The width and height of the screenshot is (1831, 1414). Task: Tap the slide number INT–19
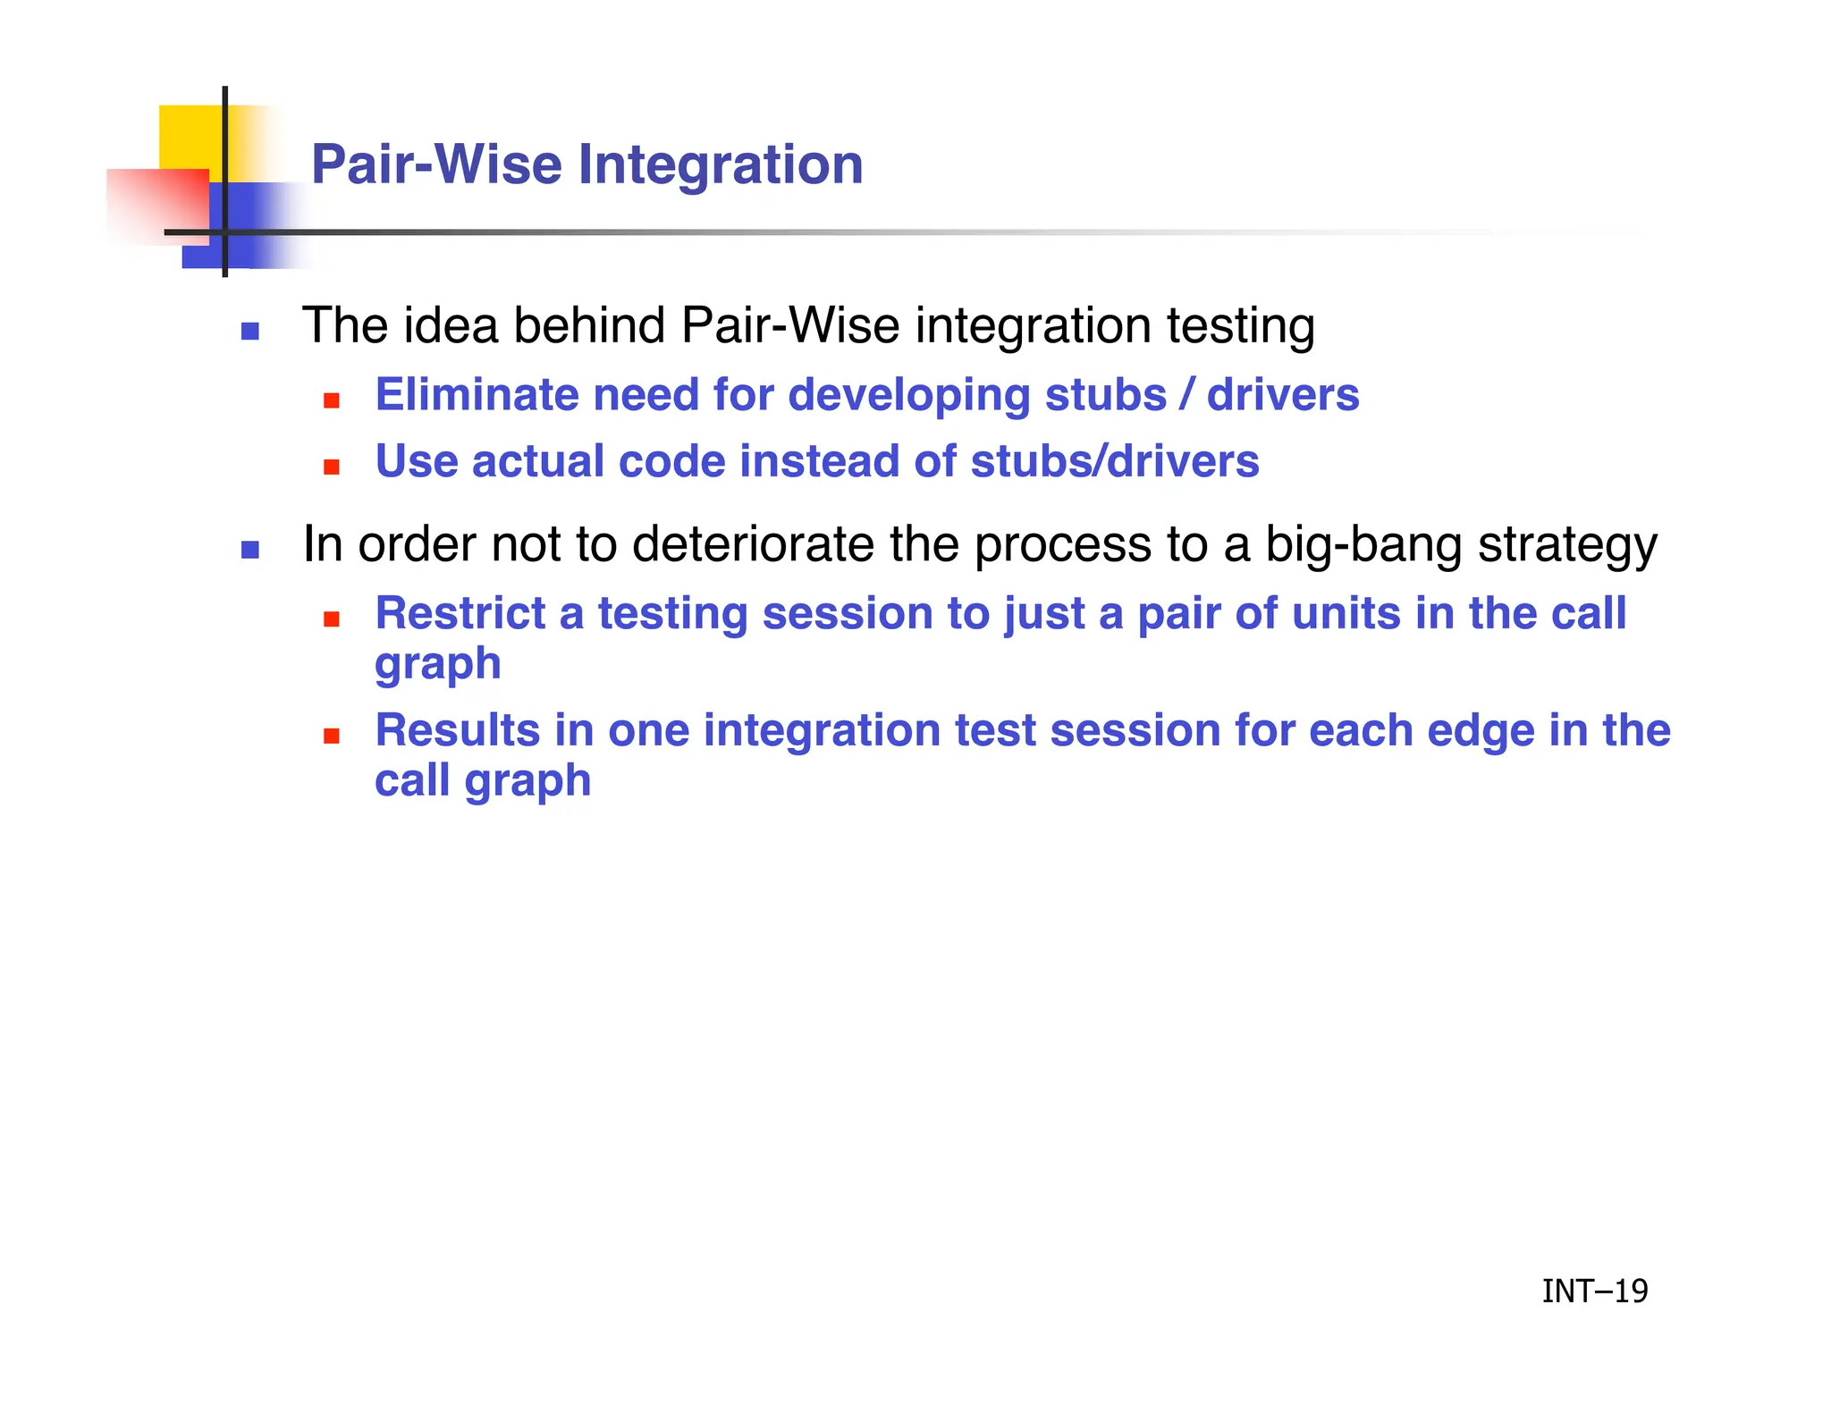[x=1594, y=1291]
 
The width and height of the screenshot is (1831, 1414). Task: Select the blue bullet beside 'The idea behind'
[x=250, y=332]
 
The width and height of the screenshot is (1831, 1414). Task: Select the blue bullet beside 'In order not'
[x=250, y=550]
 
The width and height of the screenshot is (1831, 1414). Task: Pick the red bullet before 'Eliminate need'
[x=332, y=400]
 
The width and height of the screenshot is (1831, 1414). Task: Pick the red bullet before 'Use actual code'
[x=332, y=467]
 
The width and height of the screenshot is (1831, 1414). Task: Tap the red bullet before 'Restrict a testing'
[x=332, y=619]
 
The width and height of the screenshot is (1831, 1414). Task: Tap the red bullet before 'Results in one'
[x=332, y=736]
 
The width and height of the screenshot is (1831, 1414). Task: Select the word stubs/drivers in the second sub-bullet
[x=1114, y=461]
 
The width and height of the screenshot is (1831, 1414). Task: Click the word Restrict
[x=460, y=613]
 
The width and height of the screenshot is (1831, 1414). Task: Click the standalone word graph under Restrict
[x=438, y=665]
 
